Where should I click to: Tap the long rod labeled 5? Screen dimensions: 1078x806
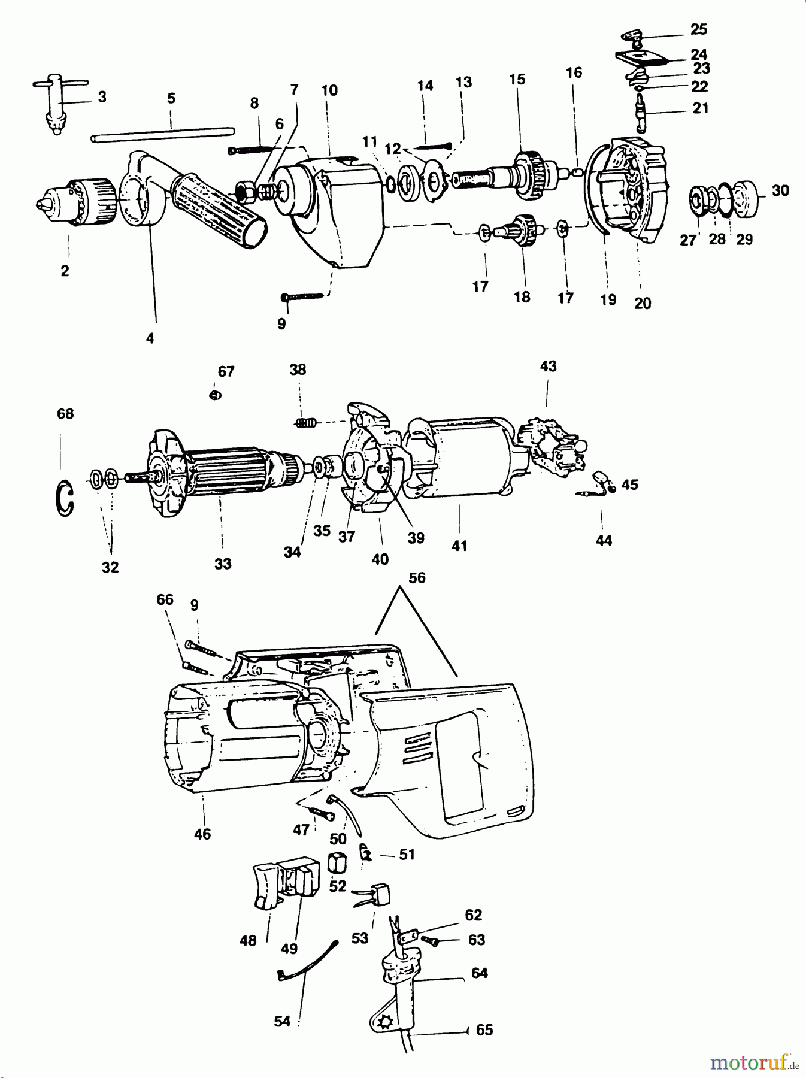click(162, 133)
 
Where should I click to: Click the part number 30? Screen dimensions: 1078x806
click(780, 190)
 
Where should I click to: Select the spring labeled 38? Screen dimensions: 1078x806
click(306, 422)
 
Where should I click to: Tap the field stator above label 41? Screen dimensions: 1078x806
click(461, 458)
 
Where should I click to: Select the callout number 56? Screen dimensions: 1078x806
click(417, 578)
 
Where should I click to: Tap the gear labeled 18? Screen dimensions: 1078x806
click(523, 229)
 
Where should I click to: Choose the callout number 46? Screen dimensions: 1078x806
click(202, 834)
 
